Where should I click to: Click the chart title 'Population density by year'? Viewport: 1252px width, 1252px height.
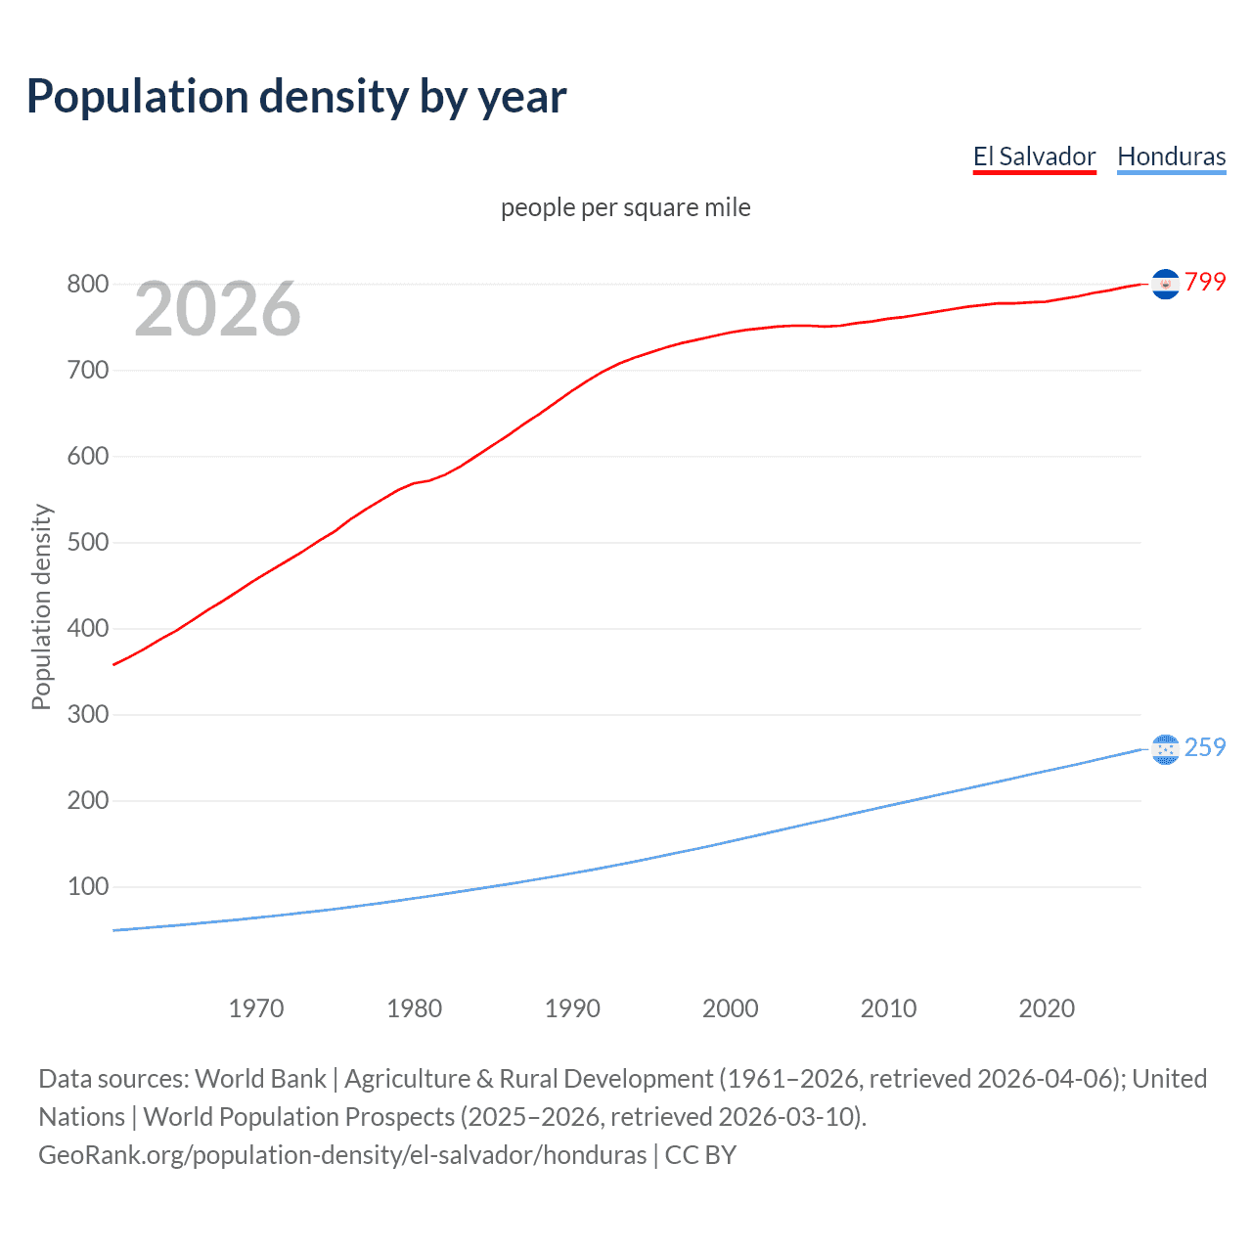pos(296,97)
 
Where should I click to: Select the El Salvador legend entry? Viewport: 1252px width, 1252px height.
pos(1034,156)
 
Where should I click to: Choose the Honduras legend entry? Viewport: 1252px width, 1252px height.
pos(1171,156)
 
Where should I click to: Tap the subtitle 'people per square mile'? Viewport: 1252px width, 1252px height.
pos(625,207)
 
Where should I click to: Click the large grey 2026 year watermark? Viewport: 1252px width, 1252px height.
pos(217,309)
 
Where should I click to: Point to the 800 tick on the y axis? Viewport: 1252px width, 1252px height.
pos(87,285)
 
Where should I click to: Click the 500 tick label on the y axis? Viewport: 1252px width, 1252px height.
pos(87,543)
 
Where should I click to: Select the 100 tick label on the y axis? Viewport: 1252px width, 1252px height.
pos(87,887)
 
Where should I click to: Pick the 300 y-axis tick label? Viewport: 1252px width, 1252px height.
pos(87,715)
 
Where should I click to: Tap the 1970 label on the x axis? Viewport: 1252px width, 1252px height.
pos(256,1008)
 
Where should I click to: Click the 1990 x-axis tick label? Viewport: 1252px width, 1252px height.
pos(572,1008)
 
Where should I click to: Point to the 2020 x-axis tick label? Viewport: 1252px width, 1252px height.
pos(1047,1008)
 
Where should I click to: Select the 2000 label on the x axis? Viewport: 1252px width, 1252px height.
pos(731,1008)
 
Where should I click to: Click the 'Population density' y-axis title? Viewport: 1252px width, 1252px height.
pos(41,606)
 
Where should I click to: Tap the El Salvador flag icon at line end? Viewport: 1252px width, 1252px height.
pos(1165,284)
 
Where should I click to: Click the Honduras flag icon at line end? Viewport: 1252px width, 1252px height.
pos(1165,749)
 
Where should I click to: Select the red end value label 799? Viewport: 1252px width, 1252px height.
pos(1205,282)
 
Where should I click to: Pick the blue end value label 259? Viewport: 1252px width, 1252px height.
pos(1205,747)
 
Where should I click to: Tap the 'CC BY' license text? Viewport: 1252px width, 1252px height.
pos(700,1155)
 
